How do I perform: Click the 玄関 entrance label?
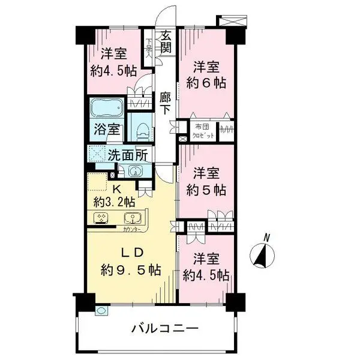click(x=166, y=42)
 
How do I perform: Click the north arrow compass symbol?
click(x=262, y=254)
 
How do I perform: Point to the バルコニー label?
click(x=165, y=329)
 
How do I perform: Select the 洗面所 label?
click(x=128, y=154)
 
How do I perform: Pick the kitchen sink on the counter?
click(x=131, y=218)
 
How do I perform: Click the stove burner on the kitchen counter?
click(x=100, y=218)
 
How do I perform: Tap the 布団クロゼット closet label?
click(x=202, y=131)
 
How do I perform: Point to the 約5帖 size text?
click(x=205, y=190)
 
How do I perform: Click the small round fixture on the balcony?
click(x=101, y=311)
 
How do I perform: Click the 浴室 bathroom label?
click(x=109, y=129)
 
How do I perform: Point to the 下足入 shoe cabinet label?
click(x=149, y=47)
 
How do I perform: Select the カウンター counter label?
click(x=133, y=230)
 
